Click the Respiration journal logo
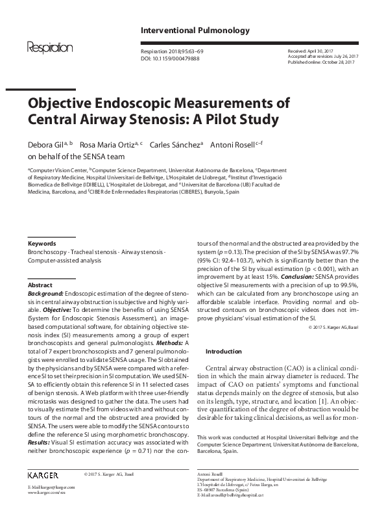coord(49,48)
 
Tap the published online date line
coord(322,62)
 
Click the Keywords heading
coord(42,244)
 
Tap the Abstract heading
coord(40,285)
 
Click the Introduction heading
coord(223,350)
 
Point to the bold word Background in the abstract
coord(45,294)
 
